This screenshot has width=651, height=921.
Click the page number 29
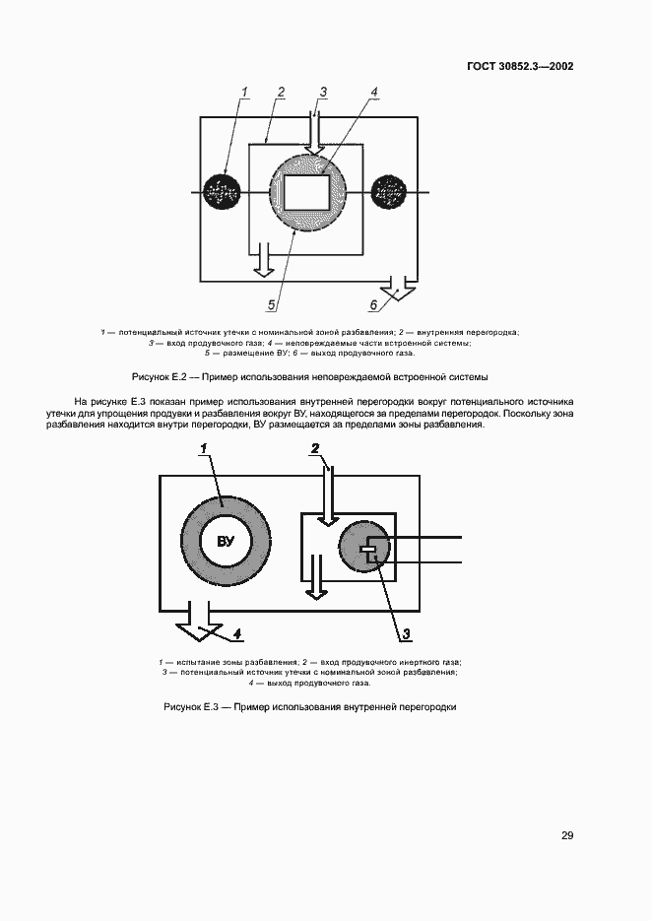[567, 835]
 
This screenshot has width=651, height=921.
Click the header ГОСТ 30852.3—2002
[519, 67]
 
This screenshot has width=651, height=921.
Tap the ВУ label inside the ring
[227, 542]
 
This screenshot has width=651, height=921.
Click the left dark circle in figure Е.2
[225, 190]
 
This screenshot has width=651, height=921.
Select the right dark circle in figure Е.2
[390, 190]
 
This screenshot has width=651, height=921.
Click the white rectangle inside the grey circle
[308, 189]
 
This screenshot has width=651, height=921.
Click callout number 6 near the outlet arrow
[374, 304]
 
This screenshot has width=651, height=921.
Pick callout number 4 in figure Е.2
[374, 93]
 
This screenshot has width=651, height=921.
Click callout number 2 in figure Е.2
[281, 93]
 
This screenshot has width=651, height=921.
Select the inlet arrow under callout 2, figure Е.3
[330, 493]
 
